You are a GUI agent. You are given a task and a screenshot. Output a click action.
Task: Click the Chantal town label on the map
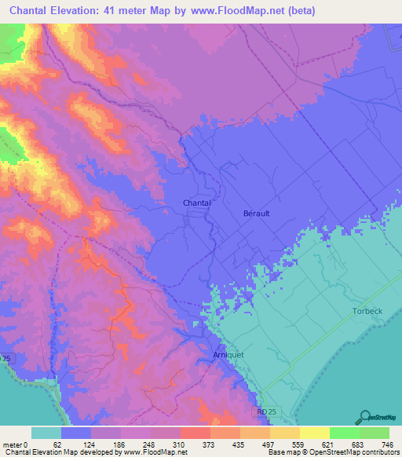pyautogui.click(x=197, y=203)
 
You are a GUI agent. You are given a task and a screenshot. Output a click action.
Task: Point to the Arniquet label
pyautogui.click(x=228, y=356)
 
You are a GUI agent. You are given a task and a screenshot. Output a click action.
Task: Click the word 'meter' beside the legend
pyautogui.click(x=13, y=444)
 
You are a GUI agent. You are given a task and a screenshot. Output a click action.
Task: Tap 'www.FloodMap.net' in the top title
pyautogui.click(x=243, y=11)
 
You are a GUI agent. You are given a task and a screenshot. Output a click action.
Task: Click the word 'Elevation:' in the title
pyautogui.click(x=75, y=11)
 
